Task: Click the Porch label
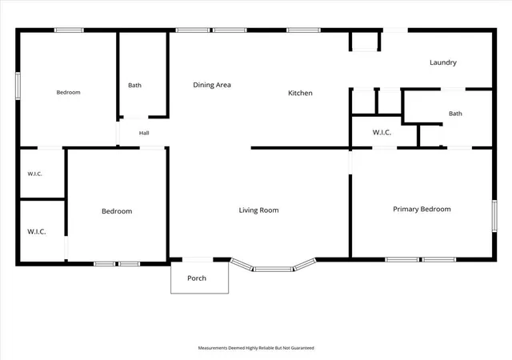pos(197,278)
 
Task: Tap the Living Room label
pos(258,210)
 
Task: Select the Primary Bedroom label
pos(422,210)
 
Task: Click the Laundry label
pos(443,62)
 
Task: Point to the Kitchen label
pos(300,93)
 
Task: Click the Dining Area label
pos(212,85)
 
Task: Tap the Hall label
pos(144,133)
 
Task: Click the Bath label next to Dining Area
pos(135,86)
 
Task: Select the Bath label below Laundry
pos(455,114)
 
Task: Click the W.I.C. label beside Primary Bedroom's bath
pos(382,132)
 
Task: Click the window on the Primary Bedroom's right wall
pos(494,216)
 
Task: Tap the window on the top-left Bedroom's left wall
pos(18,86)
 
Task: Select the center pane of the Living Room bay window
pos(274,269)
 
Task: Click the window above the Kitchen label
pos(303,30)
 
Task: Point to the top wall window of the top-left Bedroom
pos(69,30)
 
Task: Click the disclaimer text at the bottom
pos(256,348)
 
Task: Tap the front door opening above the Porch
pos(198,260)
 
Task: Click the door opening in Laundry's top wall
pos(395,30)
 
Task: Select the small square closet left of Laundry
pos(365,41)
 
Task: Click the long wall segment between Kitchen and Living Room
pos(301,148)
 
